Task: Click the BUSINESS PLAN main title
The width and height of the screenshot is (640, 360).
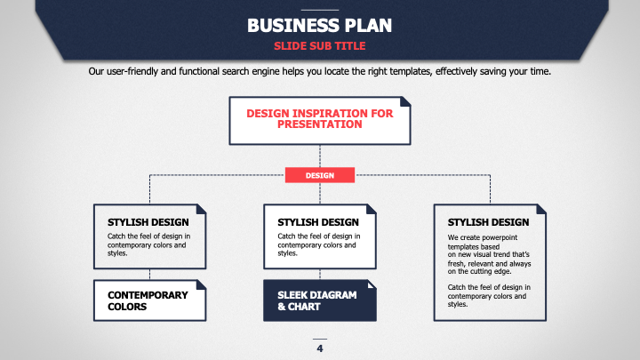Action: click(x=320, y=25)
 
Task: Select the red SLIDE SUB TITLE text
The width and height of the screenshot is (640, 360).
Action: click(x=320, y=46)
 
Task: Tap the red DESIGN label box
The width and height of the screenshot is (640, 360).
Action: click(x=320, y=175)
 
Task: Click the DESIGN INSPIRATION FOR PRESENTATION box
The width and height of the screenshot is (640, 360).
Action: click(x=320, y=121)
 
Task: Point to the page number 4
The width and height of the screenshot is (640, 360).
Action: click(x=320, y=348)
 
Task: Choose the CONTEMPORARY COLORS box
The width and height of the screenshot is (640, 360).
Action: click(x=150, y=300)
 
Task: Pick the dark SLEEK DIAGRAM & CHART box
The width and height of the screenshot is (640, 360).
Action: click(x=320, y=300)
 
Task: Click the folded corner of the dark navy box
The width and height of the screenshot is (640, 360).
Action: click(x=372, y=284)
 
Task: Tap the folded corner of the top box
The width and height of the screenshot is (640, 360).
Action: click(x=405, y=101)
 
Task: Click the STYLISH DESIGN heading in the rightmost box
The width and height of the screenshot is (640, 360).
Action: click(x=488, y=222)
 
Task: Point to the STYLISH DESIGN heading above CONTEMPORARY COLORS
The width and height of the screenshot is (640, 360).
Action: click(x=148, y=222)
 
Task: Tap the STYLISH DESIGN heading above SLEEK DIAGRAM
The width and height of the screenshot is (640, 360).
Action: click(x=318, y=222)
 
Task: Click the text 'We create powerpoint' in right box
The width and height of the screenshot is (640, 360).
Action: click(x=483, y=237)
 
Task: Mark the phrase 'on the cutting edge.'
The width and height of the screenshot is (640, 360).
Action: click(x=479, y=271)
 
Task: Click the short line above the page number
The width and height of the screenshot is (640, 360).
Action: click(x=320, y=339)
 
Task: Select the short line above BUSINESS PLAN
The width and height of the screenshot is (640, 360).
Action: click(x=320, y=10)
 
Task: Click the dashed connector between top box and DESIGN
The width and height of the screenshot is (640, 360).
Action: click(x=320, y=156)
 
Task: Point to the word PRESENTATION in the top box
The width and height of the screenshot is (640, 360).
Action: click(x=320, y=124)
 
